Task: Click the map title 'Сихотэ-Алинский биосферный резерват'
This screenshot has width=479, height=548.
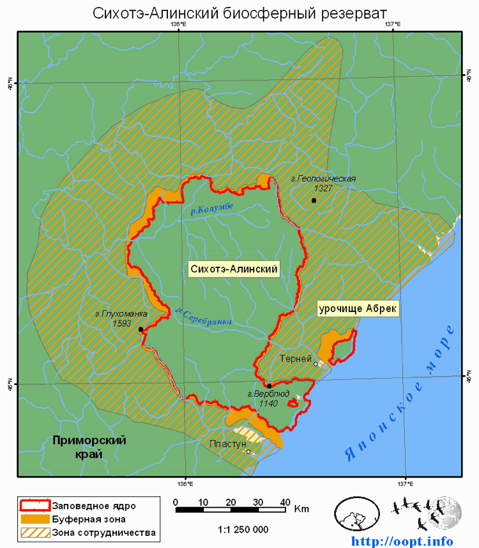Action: pyautogui.click(x=240, y=13)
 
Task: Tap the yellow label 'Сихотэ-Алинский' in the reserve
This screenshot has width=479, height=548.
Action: pyautogui.click(x=234, y=269)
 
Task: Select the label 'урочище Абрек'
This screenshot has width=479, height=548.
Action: pyautogui.click(x=358, y=308)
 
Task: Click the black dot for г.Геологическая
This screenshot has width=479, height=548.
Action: pyautogui.click(x=314, y=201)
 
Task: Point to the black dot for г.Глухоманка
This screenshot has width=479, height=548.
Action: pyautogui.click(x=141, y=329)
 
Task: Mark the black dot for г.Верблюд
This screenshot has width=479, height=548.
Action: pyautogui.click(x=270, y=386)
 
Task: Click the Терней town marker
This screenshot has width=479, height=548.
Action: pyautogui.click(x=316, y=364)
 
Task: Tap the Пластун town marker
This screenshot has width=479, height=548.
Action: pyautogui.click(x=248, y=451)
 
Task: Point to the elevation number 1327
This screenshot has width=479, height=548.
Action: pyautogui.click(x=323, y=189)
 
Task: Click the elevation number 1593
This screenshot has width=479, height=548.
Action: pyautogui.click(x=121, y=323)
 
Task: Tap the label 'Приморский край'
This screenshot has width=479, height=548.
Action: pyautogui.click(x=89, y=446)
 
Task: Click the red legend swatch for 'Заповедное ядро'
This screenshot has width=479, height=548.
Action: pyautogui.click(x=34, y=505)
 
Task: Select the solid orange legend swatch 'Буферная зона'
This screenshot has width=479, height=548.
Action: pyautogui.click(x=34, y=519)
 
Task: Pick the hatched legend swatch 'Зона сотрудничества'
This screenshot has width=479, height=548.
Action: pyautogui.click(x=34, y=532)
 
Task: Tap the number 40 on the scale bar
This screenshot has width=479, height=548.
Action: pyautogui.click(x=285, y=501)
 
